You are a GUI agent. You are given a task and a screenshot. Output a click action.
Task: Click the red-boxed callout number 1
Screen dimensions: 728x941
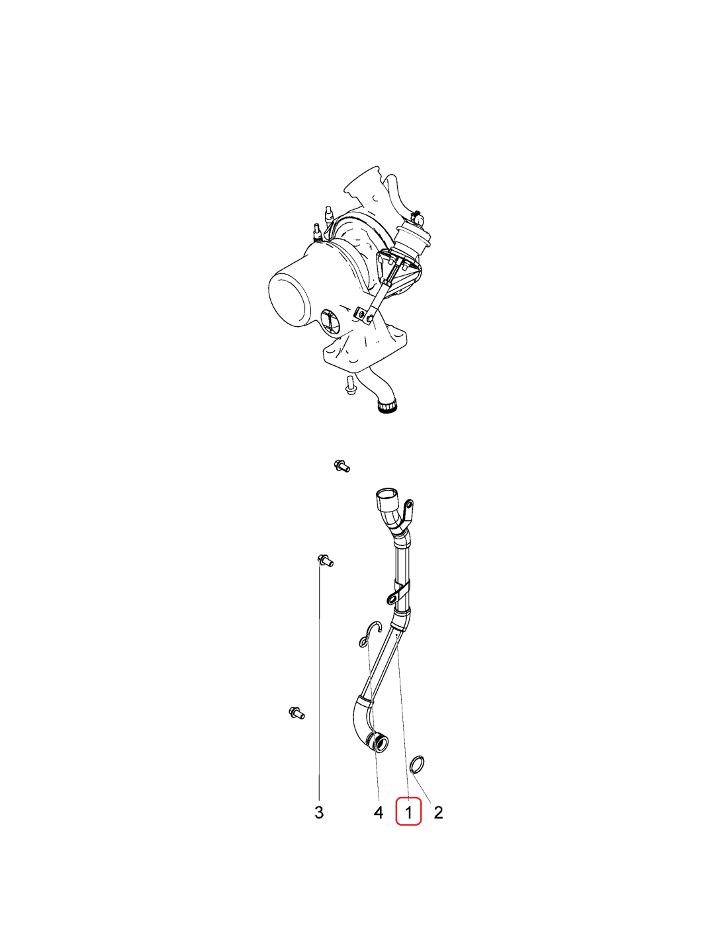click(408, 813)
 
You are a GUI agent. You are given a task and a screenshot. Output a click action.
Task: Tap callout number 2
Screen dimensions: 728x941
click(438, 813)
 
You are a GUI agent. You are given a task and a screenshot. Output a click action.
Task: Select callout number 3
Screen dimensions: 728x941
click(319, 813)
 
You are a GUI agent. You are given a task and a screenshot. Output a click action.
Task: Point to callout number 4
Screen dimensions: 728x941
click(379, 813)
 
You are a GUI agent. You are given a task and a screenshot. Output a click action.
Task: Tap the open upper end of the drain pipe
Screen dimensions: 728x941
click(387, 494)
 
